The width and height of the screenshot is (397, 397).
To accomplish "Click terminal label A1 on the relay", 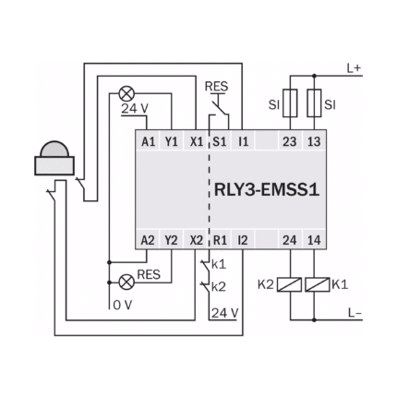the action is coord(149,142).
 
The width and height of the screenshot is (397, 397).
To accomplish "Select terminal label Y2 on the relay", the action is coord(171,240).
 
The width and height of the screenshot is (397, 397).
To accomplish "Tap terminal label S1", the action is coord(220,142).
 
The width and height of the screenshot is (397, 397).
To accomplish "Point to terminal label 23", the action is coord(290,142).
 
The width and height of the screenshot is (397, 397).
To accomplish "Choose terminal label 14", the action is coord(314,240).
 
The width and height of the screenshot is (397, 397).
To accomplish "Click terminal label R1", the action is coord(220,240).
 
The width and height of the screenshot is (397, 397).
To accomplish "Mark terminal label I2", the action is coord(243,240).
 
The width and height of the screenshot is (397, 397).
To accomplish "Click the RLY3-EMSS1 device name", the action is coord(267,189).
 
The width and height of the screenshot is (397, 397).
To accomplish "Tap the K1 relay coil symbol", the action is coord(317,284).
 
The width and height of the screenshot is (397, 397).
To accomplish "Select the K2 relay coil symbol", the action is coord(289,284).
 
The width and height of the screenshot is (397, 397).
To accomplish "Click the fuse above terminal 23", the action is coord(290,103).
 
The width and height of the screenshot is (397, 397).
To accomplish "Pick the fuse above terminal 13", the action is coord(314,103).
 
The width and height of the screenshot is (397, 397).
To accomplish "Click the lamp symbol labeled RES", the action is coord(126,282).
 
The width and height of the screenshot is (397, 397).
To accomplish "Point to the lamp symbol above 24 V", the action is coord(126,93).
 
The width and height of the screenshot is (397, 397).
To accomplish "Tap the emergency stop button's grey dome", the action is coord(54,149).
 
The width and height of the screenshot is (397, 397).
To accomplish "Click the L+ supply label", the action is coord(355,68).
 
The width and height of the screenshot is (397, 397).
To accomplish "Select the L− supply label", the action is coord(355,313).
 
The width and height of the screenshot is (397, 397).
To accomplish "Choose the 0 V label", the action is coord(123,305).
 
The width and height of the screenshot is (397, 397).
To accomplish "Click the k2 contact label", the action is coord(219,287).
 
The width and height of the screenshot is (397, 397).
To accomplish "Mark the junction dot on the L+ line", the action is coord(314,76).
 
